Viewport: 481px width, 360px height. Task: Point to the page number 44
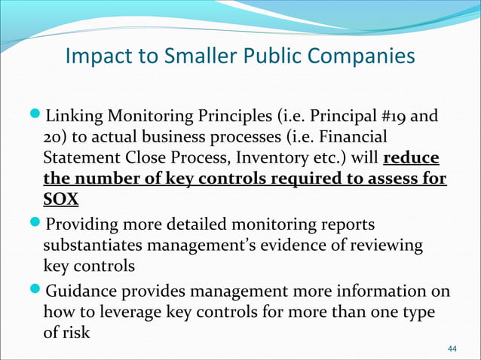pos(452,349)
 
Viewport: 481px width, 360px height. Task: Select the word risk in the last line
pos(75,331)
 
